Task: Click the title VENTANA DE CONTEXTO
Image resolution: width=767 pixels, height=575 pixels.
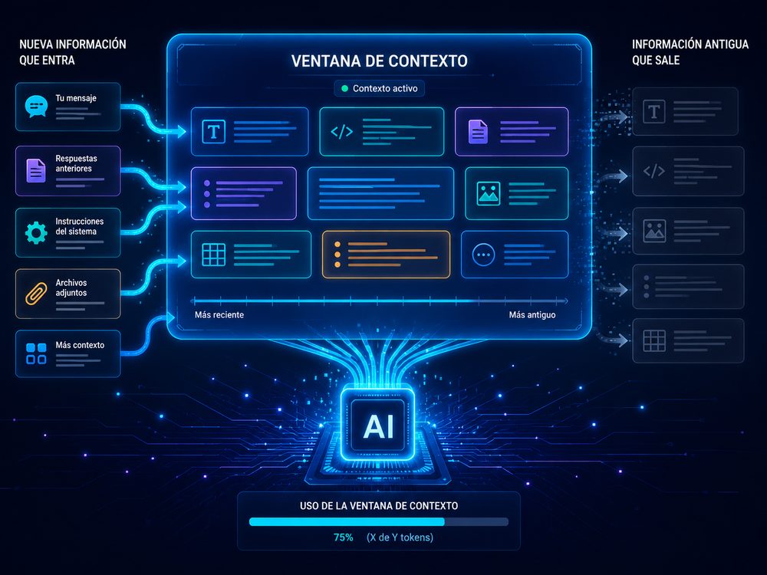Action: coord(379,61)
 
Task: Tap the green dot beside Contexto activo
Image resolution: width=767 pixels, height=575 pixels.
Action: coord(344,88)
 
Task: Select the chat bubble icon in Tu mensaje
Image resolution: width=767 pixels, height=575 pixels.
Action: coord(36,106)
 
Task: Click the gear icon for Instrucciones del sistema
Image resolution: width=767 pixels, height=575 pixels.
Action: coord(36,233)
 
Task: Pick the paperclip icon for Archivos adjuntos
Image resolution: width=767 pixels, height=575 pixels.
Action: coord(36,294)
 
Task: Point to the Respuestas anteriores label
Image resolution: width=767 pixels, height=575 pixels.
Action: coord(76,163)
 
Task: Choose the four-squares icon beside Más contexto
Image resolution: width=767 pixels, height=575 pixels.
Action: coord(36,353)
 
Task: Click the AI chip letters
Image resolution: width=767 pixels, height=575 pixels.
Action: coord(378,426)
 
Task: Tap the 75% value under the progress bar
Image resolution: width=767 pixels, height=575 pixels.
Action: coord(343,537)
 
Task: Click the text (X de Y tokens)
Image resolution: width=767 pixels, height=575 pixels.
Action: coord(400,537)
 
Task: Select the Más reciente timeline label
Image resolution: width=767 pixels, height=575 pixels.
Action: coord(219,315)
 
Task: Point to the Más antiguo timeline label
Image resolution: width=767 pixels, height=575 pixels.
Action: coord(532,315)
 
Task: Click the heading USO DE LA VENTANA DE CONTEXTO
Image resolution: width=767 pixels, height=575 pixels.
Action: coord(379,506)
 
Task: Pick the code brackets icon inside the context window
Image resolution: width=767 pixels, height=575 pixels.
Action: coord(341,132)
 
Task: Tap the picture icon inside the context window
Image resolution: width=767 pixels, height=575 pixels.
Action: coord(488,193)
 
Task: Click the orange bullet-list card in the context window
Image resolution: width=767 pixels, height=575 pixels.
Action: coord(386,255)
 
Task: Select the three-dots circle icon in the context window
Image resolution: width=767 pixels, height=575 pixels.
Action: coord(483,255)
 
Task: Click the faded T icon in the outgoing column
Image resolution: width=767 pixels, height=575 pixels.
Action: coord(654,111)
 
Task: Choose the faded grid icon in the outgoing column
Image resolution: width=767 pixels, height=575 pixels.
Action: coord(654,341)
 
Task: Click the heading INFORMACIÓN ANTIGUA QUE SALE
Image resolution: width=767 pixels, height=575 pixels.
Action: coord(690,52)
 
